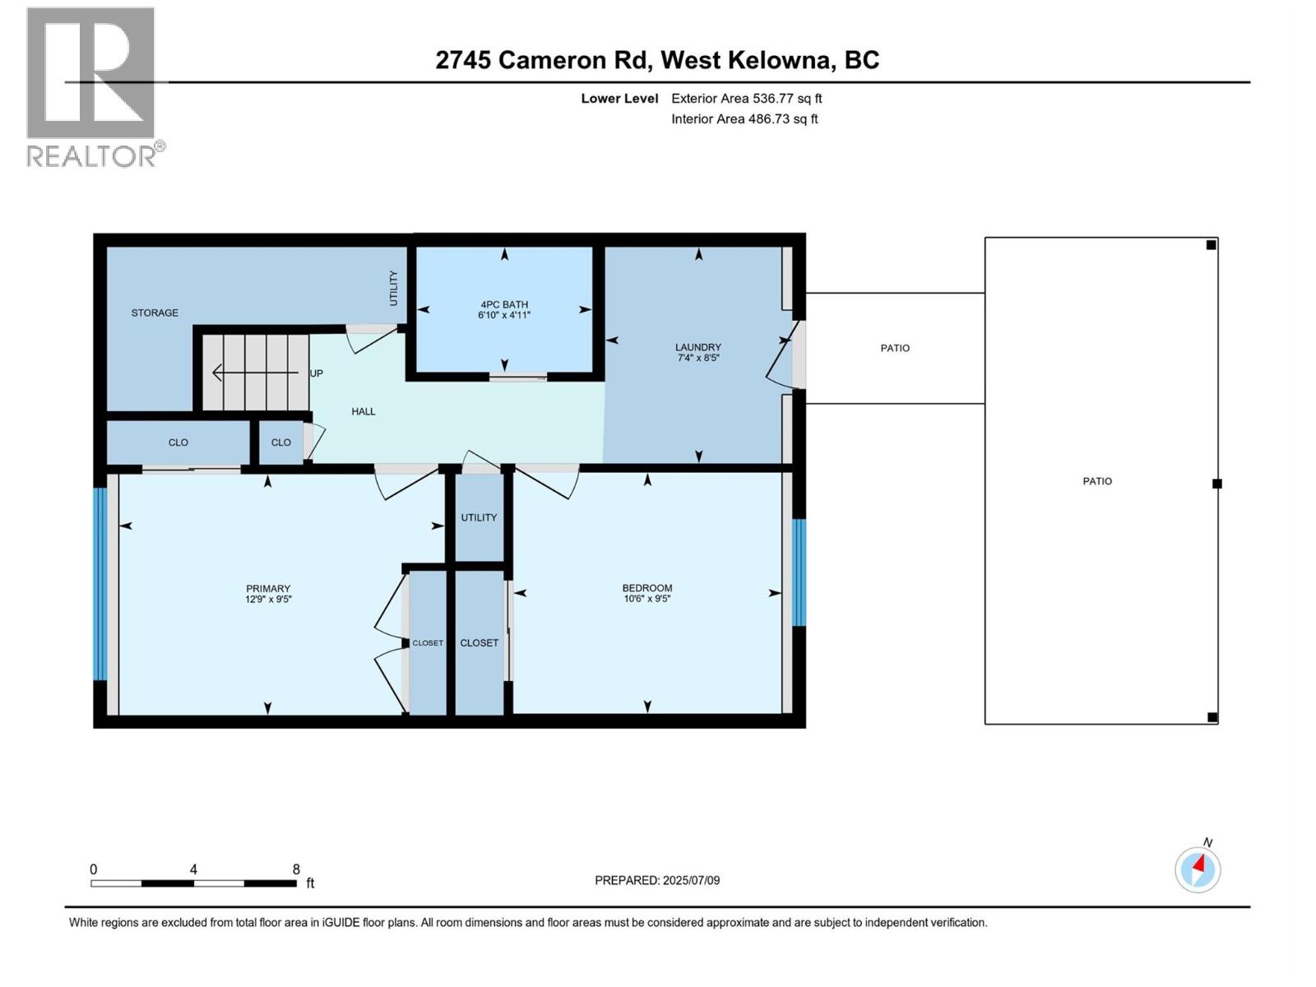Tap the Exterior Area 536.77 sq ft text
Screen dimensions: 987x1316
pyautogui.click(x=746, y=99)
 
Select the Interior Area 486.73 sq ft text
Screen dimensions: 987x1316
pyautogui.click(x=744, y=119)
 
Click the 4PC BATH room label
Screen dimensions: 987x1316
pyautogui.click(x=504, y=305)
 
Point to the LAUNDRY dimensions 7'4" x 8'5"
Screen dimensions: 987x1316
pyautogui.click(x=698, y=359)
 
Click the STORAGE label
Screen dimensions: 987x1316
pyautogui.click(x=155, y=313)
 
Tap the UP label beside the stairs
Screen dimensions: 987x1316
pyautogui.click(x=317, y=373)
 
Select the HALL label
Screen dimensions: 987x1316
pyautogui.click(x=364, y=411)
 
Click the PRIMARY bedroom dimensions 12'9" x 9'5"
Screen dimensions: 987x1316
pyautogui.click(x=268, y=600)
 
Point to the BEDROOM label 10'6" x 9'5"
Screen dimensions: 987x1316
pyautogui.click(x=647, y=593)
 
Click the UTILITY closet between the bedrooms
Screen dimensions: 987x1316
pyautogui.click(x=479, y=518)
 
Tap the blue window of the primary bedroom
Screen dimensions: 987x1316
pyautogui.click(x=100, y=584)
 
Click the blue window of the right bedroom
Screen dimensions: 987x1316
pyautogui.click(x=799, y=572)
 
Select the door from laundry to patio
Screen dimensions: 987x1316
pyautogui.click(x=783, y=355)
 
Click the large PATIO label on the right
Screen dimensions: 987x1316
pyautogui.click(x=1097, y=481)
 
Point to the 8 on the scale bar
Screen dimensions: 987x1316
pyautogui.click(x=296, y=869)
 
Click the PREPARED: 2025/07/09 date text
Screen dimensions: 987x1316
pyautogui.click(x=657, y=881)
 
